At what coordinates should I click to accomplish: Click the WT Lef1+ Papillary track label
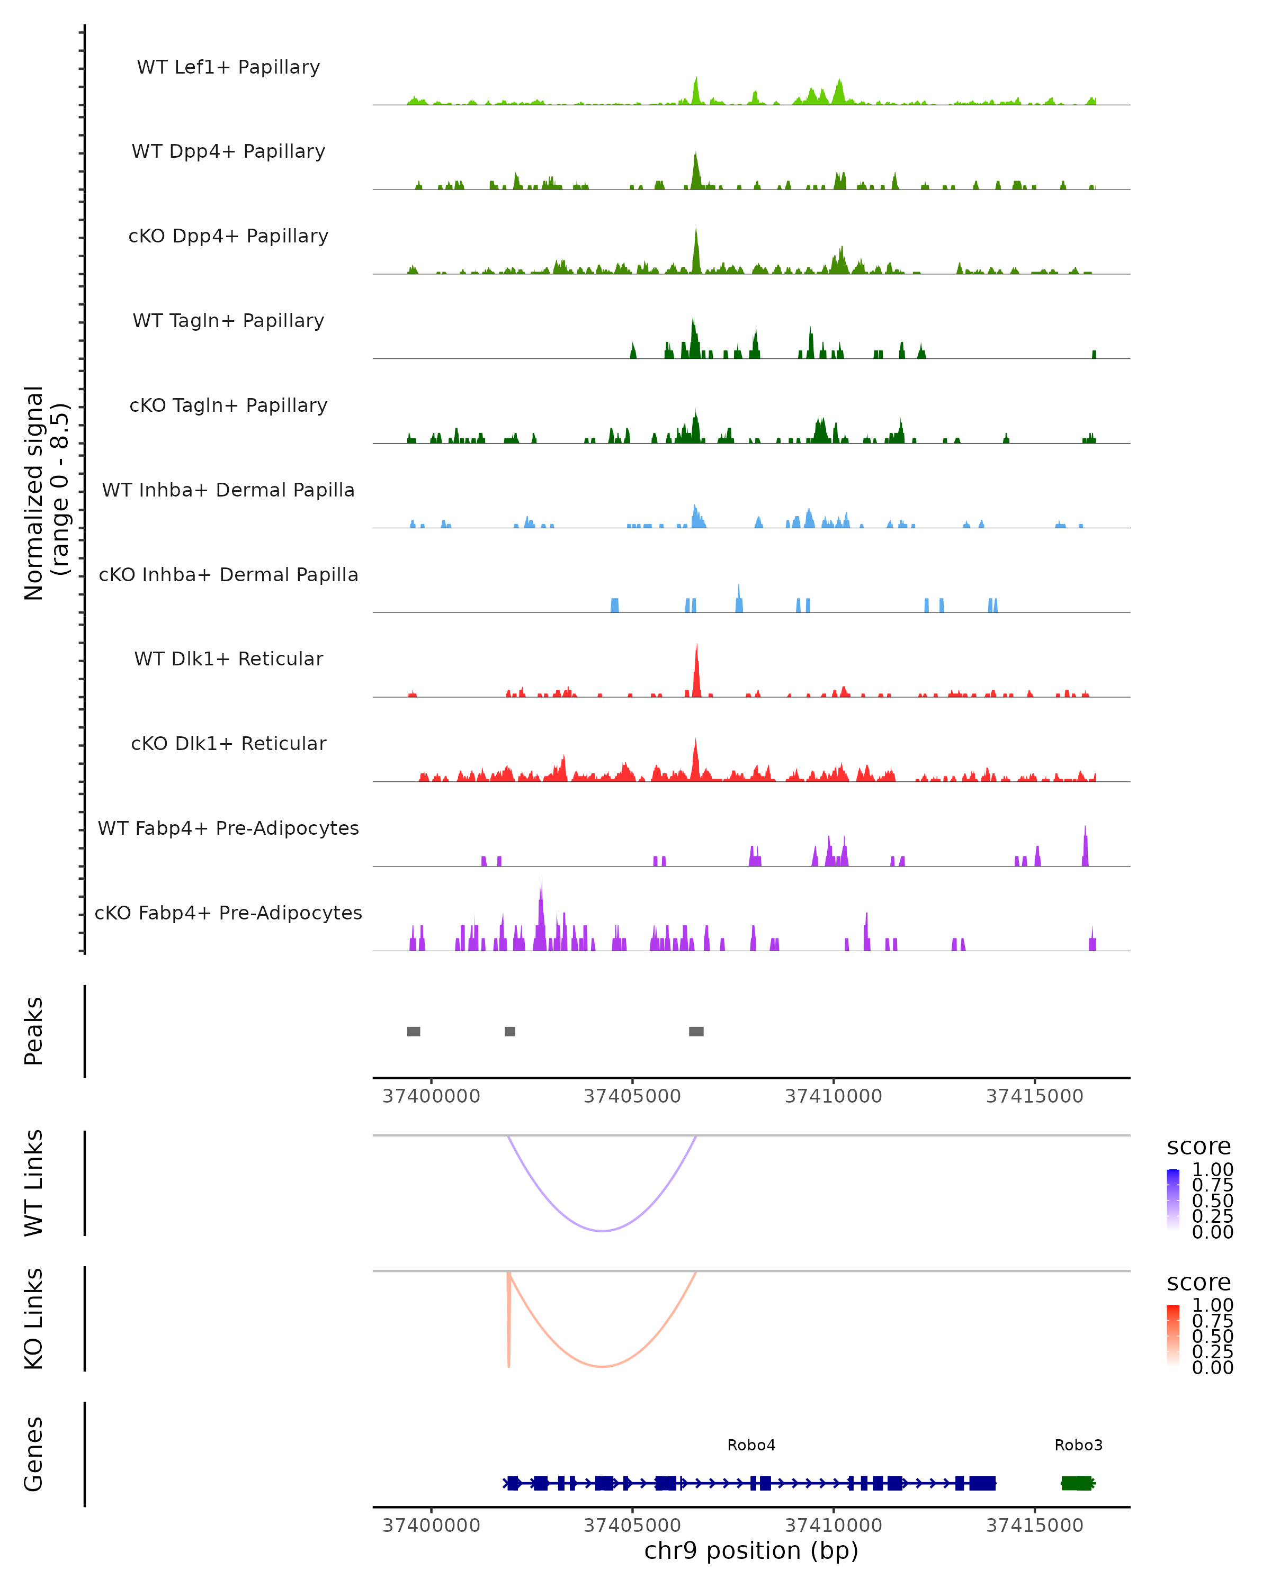[228, 67]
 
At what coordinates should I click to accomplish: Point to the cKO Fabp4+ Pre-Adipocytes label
[228, 913]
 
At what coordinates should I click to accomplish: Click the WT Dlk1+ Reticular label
[228, 658]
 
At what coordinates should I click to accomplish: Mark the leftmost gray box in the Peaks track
[414, 1031]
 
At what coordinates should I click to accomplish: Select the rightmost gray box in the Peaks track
[696, 1031]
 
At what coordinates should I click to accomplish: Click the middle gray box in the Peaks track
[510, 1031]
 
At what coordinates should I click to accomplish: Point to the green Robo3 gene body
[1077, 1483]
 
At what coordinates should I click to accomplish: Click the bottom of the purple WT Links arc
[603, 1231]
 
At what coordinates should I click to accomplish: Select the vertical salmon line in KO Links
[508, 1319]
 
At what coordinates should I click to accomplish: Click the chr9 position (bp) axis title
[751, 1550]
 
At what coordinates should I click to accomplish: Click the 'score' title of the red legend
[1199, 1283]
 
